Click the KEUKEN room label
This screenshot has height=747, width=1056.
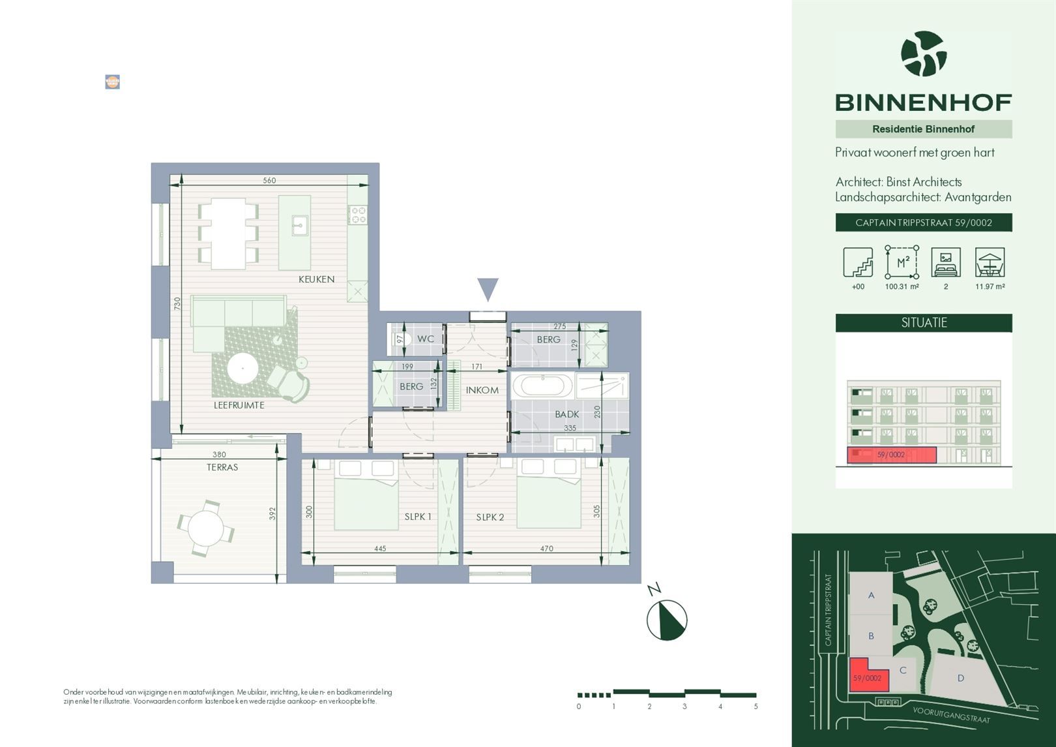tap(316, 279)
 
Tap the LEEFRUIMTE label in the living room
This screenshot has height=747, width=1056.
tap(239, 405)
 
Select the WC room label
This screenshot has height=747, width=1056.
tap(426, 339)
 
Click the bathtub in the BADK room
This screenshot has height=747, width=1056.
tap(542, 386)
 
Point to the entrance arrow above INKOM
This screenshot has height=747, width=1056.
tap(488, 289)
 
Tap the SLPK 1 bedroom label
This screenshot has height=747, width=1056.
tap(418, 517)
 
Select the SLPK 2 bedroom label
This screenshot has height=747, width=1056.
tap(490, 517)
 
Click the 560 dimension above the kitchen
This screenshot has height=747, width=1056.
tap(269, 181)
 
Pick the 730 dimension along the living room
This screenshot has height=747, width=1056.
tap(177, 303)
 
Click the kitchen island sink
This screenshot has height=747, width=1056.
tap(300, 226)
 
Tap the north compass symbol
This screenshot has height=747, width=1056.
tap(667, 620)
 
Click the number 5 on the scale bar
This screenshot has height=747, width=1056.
tap(755, 707)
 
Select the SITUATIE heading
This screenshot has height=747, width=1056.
tap(924, 323)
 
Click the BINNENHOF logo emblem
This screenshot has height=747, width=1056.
tap(924, 54)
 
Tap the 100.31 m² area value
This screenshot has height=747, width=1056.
tap(902, 286)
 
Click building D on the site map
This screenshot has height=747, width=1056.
tap(960, 678)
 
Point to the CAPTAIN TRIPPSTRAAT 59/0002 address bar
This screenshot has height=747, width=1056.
tap(924, 222)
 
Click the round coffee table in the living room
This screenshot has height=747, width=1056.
tap(242, 369)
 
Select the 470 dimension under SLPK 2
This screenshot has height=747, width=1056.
tap(546, 549)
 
